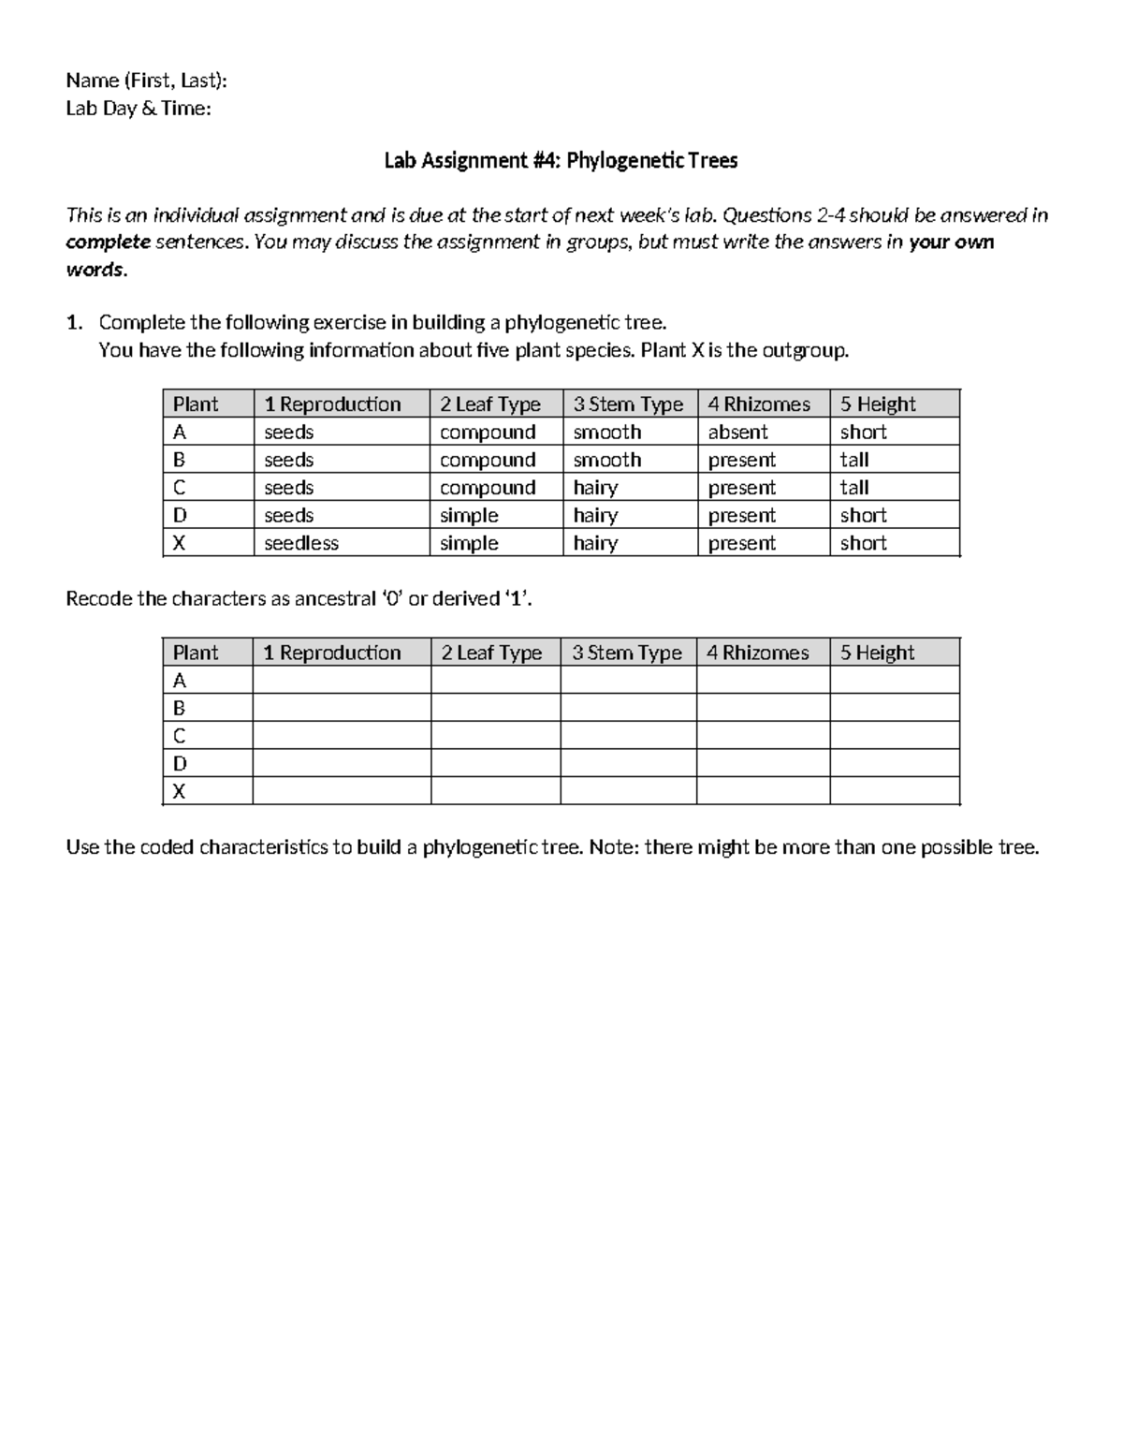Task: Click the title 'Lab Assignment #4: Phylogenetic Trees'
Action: (561, 161)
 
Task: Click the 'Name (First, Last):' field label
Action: (146, 81)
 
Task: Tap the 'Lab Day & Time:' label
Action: (139, 109)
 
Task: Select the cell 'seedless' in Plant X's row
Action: (301, 543)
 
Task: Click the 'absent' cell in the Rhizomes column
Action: (737, 432)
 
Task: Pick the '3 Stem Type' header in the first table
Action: (628, 404)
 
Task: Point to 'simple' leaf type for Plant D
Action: (469, 515)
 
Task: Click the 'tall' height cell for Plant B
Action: (854, 460)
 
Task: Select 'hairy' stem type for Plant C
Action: (595, 488)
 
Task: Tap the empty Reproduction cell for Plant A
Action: (342, 680)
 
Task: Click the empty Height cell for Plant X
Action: (894, 791)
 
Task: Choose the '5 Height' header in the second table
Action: (877, 653)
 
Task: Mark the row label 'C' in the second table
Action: (180, 736)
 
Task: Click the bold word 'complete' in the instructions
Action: (108, 242)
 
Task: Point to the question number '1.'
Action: (75, 323)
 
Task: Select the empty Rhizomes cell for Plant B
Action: (763, 708)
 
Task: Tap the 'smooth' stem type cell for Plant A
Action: (607, 432)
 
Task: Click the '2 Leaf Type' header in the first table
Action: (490, 404)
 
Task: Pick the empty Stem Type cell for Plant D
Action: (628, 763)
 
